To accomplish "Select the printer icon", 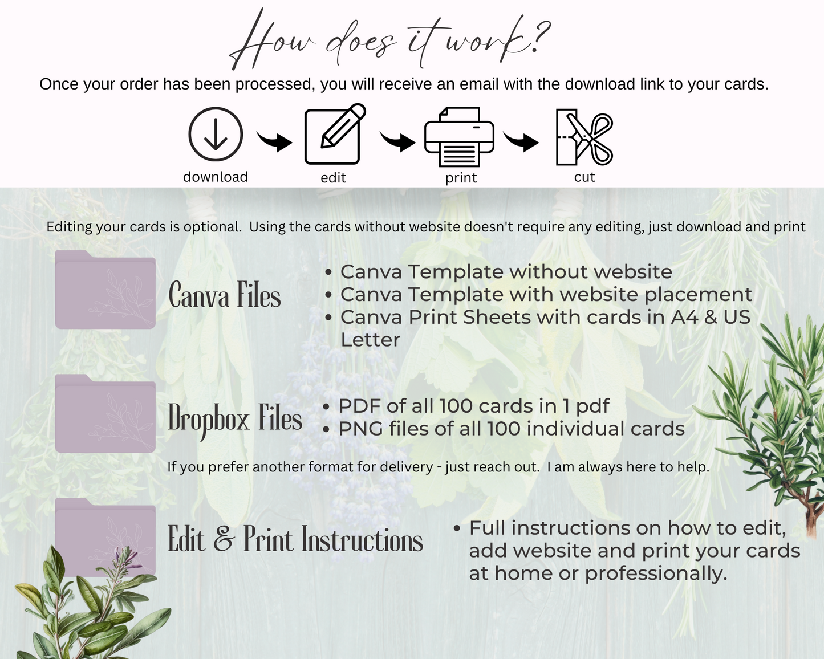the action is [x=459, y=137].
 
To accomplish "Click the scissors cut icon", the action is [x=584, y=137].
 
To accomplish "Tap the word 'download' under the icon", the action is [x=216, y=177].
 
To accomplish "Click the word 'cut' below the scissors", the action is [x=584, y=177].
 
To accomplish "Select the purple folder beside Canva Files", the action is [x=105, y=290].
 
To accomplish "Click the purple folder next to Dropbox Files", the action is [x=105, y=413].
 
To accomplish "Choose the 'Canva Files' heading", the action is [x=224, y=295].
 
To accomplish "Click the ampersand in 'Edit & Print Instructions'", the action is [x=224, y=539].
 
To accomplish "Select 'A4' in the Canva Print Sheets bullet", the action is [x=684, y=318].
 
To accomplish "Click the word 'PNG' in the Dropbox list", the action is [x=361, y=429].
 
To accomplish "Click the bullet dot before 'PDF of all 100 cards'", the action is [x=326, y=407].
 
